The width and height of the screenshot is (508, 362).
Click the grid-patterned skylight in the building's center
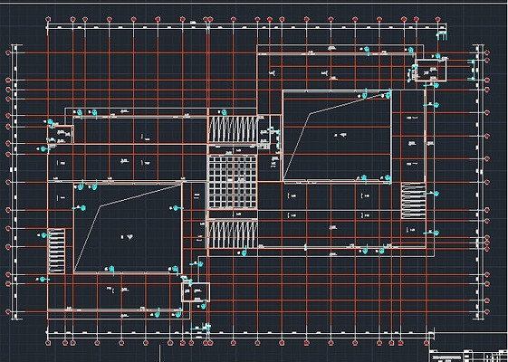pyautogui.click(x=232, y=181)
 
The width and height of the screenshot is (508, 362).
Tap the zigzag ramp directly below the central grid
pyautogui.click(x=232, y=234)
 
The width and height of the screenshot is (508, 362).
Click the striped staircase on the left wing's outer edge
pyautogui.click(x=56, y=251)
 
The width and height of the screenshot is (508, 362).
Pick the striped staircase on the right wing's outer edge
pyautogui.click(x=413, y=200)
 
